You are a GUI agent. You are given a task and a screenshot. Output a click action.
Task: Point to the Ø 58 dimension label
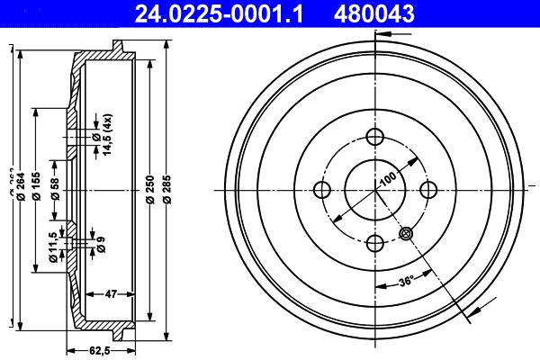click(x=56, y=188)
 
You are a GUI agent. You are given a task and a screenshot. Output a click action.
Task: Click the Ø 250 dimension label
click(x=149, y=188)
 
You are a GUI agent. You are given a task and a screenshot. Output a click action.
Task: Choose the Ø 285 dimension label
click(x=167, y=188)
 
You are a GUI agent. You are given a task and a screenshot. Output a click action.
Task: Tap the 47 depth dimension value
click(x=112, y=293)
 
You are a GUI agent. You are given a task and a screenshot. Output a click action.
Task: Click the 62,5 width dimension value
click(x=100, y=350)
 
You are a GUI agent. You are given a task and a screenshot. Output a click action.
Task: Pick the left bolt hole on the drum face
click(x=322, y=189)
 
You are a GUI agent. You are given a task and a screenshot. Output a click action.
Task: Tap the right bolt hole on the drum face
click(x=428, y=189)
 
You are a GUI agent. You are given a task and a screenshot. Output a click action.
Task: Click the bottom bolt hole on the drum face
click(x=375, y=242)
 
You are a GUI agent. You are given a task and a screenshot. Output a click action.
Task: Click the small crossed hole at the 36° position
click(x=406, y=232)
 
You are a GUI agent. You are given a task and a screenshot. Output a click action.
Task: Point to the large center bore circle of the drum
click(x=375, y=189)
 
